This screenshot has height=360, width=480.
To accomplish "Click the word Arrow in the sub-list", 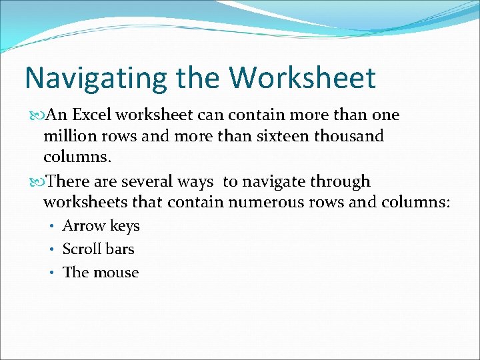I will coord(81,226).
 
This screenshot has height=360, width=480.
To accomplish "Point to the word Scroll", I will coord(81,249).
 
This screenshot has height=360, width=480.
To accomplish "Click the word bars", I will coord(119,249).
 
